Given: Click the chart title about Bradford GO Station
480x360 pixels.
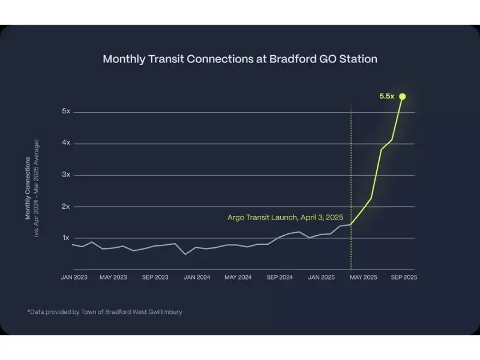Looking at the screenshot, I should coord(240,59).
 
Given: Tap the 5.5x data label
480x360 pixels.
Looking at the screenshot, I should coord(387,97).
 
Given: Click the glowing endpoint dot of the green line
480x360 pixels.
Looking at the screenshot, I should coord(403,96).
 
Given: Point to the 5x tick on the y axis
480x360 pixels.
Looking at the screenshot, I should coord(66,112).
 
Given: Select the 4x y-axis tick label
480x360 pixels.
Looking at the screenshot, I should coord(66,143).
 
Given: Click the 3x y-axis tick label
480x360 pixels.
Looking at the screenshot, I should coord(66,175).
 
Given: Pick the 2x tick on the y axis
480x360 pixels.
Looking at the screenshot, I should coord(66,206).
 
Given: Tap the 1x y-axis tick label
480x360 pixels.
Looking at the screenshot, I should coord(66,238).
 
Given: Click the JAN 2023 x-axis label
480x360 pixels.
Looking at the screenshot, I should coord(73,277).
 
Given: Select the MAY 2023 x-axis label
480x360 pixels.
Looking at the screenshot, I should coord(113,277).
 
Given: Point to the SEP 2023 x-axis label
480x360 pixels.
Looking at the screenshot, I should coord(155,277).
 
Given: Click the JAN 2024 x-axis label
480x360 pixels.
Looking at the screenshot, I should coord(197,277).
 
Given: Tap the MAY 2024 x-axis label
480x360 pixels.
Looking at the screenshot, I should coord(238,277).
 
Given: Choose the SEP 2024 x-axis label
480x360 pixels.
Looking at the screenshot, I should coord(280,277).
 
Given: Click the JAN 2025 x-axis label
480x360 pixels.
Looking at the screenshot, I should coord(321,277).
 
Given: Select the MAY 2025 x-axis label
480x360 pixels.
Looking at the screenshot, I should coord(363,277).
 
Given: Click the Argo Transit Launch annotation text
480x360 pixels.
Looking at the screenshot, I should coord(285,217).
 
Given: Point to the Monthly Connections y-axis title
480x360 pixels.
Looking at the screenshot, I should coord(28,188).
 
